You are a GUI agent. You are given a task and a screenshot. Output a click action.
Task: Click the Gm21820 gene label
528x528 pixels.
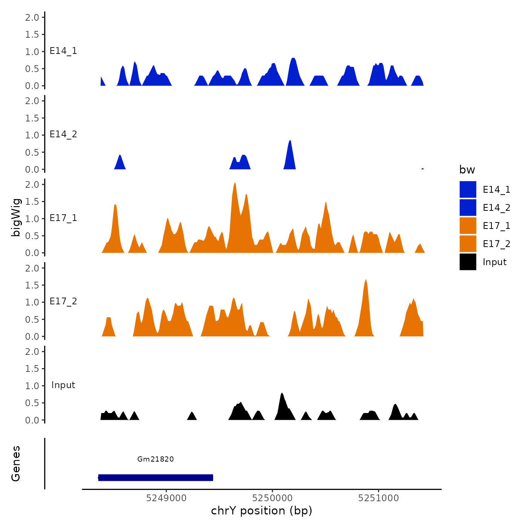(x=155, y=459)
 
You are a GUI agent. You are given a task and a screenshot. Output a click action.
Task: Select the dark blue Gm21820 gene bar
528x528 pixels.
(x=155, y=478)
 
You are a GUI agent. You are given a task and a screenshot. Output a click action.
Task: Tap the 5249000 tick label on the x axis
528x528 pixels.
(x=166, y=498)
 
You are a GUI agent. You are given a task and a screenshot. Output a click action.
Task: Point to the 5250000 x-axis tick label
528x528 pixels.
(x=272, y=498)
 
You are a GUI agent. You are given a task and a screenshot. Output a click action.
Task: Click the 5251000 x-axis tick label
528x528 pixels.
(x=379, y=498)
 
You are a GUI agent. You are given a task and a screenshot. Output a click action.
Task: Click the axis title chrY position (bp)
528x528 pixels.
(x=261, y=511)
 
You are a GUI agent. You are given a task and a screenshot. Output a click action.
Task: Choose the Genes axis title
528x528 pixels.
(x=16, y=464)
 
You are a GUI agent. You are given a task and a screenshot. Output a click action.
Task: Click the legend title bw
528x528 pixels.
(x=467, y=170)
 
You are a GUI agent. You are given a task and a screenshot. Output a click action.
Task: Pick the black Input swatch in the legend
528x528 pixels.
(x=468, y=262)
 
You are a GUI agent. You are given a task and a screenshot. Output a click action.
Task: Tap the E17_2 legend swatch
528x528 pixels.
(x=468, y=244)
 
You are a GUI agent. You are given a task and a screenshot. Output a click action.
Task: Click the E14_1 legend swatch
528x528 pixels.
(x=468, y=189)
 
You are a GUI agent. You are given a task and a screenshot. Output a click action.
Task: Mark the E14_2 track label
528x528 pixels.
(x=63, y=134)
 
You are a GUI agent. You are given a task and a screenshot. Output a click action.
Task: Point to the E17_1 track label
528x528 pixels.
(x=63, y=218)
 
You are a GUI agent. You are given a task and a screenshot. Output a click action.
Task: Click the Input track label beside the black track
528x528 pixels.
(x=63, y=385)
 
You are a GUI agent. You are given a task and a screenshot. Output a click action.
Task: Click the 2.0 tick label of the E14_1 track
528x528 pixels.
(x=32, y=17)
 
